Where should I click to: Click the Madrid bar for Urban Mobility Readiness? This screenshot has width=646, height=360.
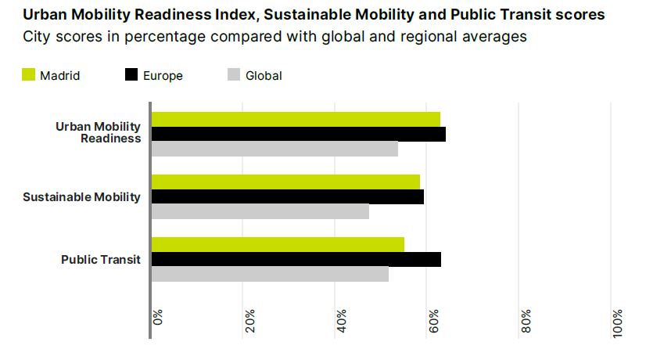296,119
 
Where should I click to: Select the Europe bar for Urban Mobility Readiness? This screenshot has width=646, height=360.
298,134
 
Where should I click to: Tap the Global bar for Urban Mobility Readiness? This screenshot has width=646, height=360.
275,149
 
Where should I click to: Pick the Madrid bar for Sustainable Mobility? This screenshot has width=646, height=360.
285,182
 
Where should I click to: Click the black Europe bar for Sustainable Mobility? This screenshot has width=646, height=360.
287,196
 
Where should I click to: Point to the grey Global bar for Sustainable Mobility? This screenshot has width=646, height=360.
260,211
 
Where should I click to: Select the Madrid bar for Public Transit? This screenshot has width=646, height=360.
278,244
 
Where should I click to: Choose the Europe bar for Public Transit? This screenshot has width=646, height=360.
296,259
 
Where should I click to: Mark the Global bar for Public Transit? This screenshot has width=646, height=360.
270,274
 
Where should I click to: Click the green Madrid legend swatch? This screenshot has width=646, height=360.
28,75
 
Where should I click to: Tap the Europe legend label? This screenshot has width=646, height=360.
163,76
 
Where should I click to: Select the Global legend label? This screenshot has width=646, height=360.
264,76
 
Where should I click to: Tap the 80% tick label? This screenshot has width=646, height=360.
526,321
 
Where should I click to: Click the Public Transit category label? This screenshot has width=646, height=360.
101,259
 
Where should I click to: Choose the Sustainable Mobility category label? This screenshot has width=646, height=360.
82,196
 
